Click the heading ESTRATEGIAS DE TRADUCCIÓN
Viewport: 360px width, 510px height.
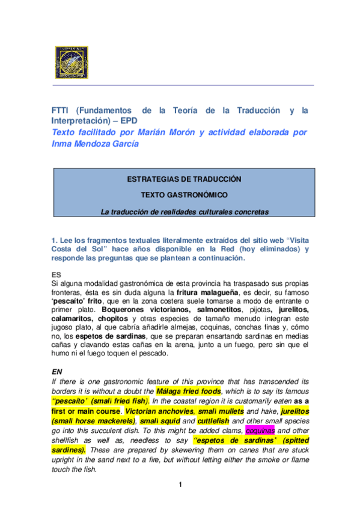click(x=184, y=179)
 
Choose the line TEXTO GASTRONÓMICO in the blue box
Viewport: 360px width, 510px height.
click(x=184, y=195)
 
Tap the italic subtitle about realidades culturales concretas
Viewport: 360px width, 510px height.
click(x=184, y=211)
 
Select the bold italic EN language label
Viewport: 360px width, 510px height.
click(x=57, y=372)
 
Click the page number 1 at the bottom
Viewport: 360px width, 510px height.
click(x=180, y=484)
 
